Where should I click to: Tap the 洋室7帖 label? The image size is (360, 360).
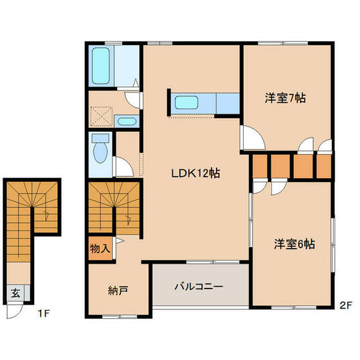[285, 98]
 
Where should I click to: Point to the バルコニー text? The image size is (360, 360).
[199, 285]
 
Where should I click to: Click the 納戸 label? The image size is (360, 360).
[118, 290]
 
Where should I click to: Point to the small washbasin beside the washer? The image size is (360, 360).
[127, 120]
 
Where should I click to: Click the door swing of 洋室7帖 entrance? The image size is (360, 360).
[250, 137]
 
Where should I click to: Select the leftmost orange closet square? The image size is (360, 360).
[260, 166]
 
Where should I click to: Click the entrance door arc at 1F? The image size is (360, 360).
[15, 311]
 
